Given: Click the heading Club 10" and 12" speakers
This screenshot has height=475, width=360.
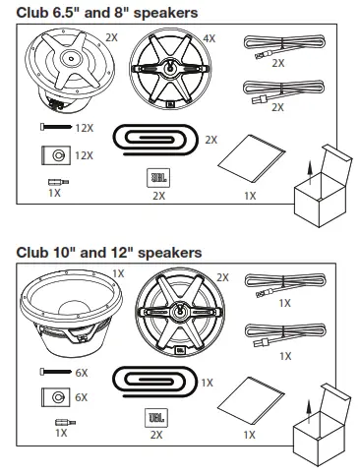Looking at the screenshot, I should tap(108, 253).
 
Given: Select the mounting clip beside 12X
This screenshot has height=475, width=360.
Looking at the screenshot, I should tap(56, 155).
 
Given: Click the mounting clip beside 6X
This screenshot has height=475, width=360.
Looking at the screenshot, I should tap(56, 397).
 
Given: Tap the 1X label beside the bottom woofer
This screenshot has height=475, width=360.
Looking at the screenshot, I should tap(118, 271).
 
